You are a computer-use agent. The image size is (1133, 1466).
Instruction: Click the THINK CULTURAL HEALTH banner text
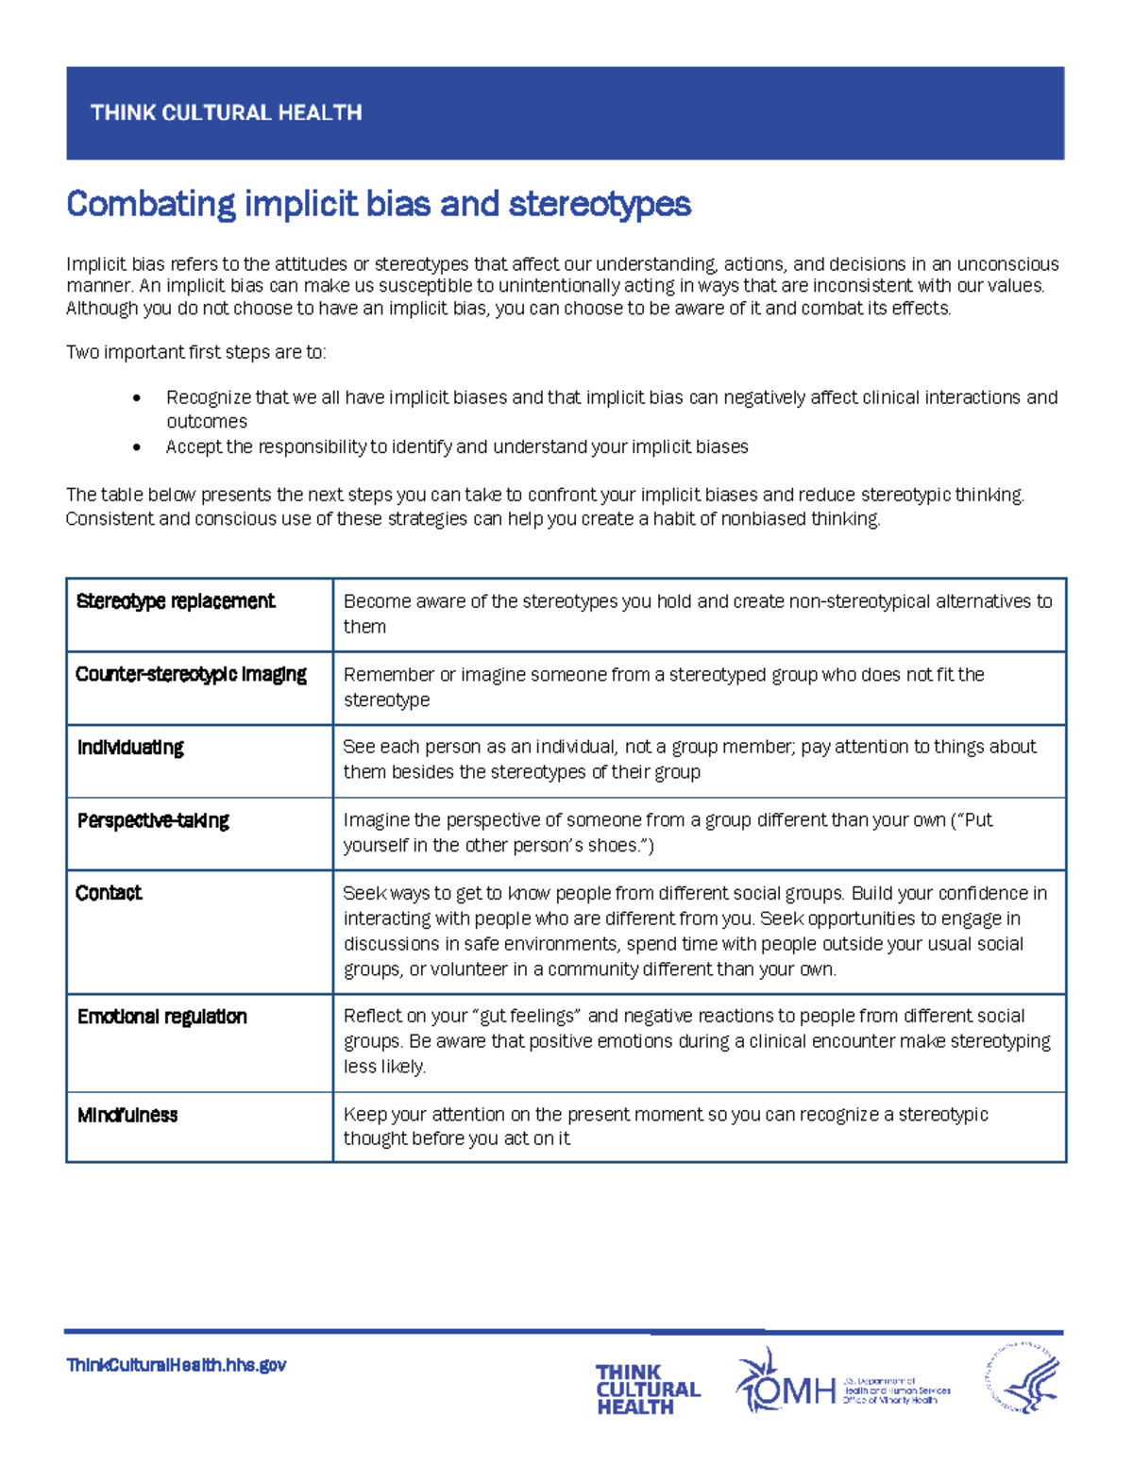(x=226, y=112)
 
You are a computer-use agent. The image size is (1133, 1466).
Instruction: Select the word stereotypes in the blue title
(x=600, y=204)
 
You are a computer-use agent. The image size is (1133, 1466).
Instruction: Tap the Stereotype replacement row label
(x=176, y=601)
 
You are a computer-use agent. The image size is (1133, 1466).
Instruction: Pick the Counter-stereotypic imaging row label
(x=191, y=674)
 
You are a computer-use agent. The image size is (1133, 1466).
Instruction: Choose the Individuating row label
(x=130, y=748)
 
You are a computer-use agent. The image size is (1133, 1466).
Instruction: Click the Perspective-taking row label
(x=153, y=820)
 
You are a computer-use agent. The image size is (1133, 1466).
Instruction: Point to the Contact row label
(x=109, y=893)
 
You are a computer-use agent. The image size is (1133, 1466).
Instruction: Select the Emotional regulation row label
(x=162, y=1017)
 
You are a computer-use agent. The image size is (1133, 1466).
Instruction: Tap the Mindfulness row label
(x=127, y=1115)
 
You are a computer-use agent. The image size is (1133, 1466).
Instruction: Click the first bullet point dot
(x=137, y=398)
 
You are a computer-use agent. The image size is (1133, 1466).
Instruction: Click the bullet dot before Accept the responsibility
(x=137, y=447)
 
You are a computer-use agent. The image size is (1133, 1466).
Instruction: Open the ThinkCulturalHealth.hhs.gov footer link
(x=177, y=1365)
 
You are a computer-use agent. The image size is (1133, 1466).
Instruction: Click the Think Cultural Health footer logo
(x=647, y=1389)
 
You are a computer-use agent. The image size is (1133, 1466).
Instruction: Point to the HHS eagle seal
(x=1023, y=1379)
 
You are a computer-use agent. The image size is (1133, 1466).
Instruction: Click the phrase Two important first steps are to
(x=195, y=352)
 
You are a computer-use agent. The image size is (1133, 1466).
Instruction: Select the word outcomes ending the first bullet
(x=207, y=422)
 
